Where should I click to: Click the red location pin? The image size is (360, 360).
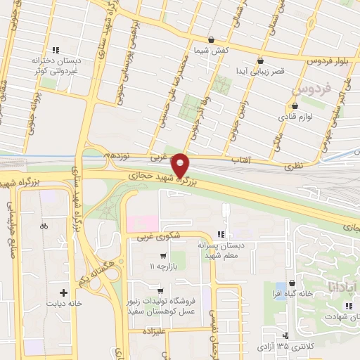[181, 165]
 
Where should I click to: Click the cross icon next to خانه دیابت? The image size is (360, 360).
[64, 292]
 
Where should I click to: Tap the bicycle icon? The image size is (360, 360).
[44, 226]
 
